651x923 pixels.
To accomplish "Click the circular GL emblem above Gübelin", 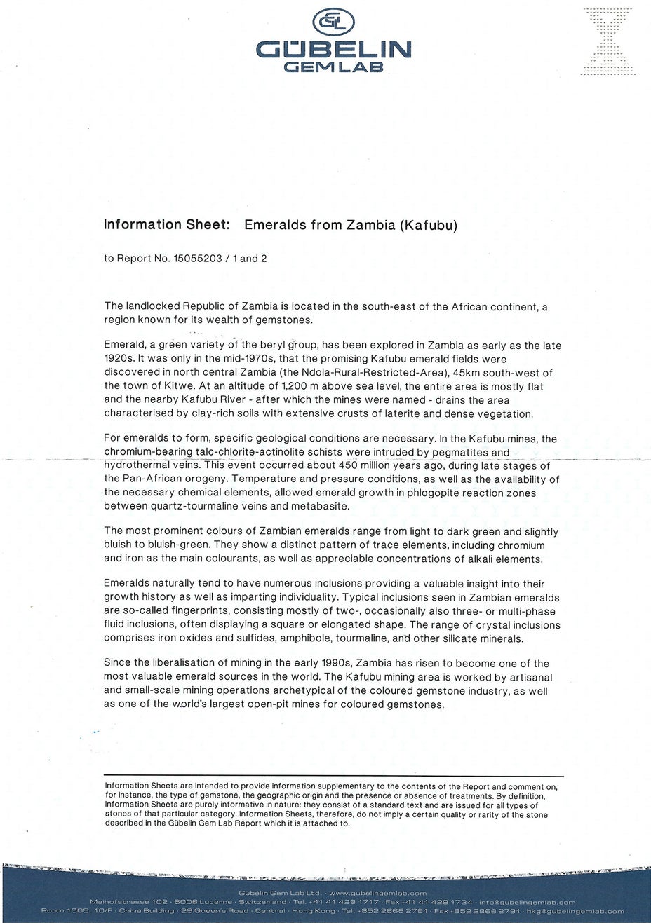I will (333, 23).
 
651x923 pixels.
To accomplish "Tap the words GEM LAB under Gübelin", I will (333, 67).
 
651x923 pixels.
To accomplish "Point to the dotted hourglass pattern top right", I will (608, 41).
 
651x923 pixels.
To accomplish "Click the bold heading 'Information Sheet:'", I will (167, 225).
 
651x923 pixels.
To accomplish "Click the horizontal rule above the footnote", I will (334, 777).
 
